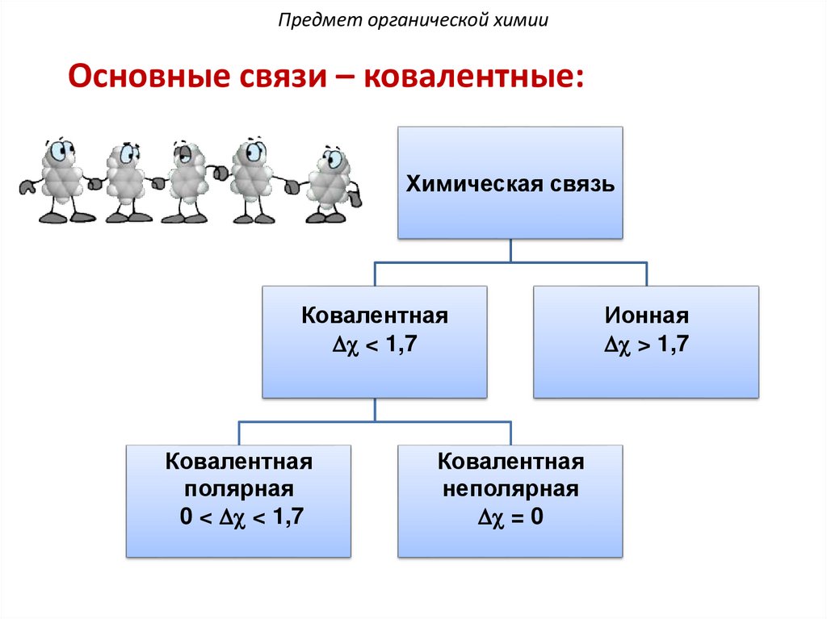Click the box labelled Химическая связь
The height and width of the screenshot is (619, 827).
point(510,182)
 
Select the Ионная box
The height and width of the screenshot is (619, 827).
point(646,341)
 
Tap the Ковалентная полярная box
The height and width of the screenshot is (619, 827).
point(238,500)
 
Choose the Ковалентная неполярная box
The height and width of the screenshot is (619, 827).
point(510,500)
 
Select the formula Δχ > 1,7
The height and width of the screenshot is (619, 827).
point(646,345)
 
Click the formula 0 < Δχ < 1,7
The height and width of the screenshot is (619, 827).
point(241,517)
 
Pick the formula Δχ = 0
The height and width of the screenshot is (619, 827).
point(510,517)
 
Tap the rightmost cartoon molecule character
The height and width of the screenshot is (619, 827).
point(329,183)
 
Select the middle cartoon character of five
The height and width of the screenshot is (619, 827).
point(187,181)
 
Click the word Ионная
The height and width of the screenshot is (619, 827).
point(646,315)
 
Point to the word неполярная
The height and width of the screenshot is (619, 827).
point(510,489)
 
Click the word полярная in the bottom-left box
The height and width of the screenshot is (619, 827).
point(238,489)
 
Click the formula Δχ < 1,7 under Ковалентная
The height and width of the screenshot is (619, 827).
point(374,345)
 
